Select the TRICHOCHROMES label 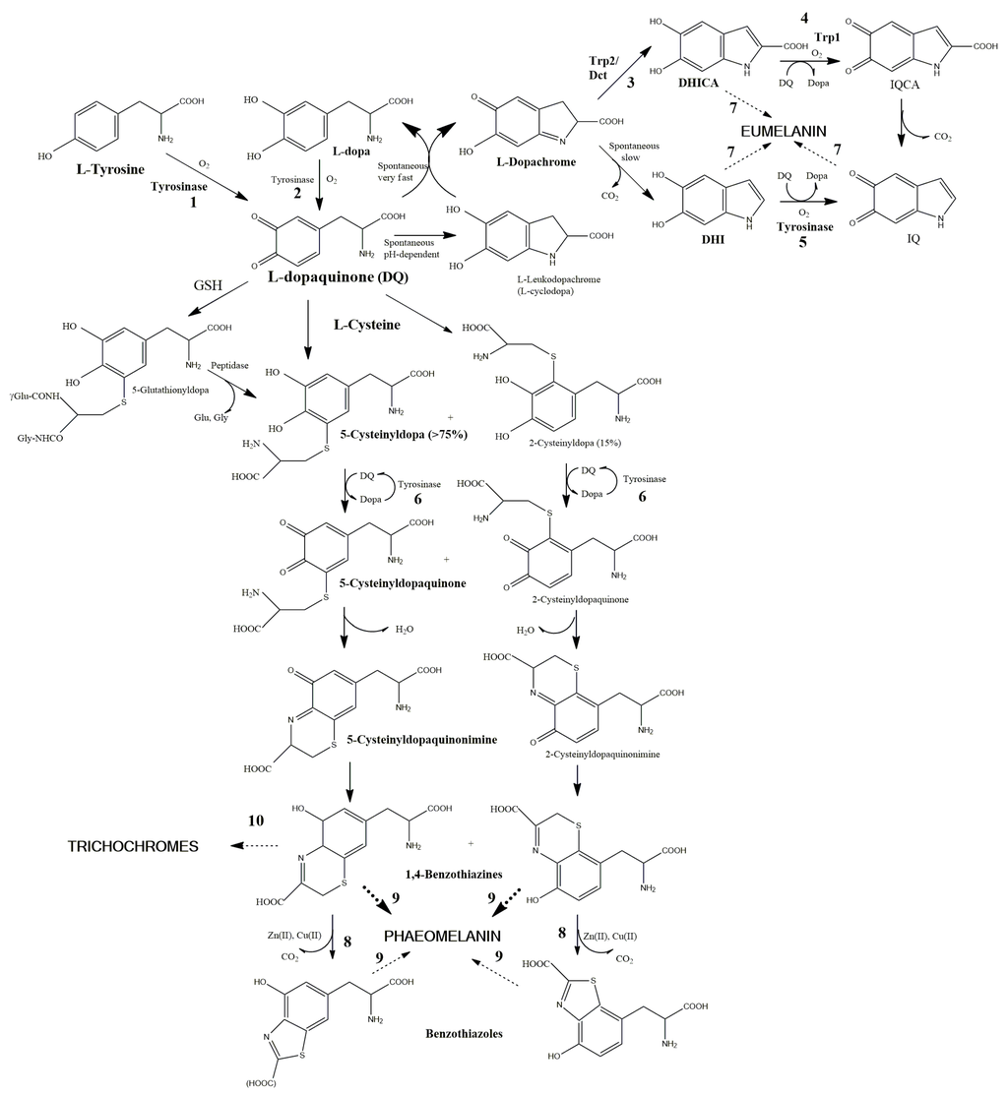tap(133, 846)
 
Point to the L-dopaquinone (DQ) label tap(338, 277)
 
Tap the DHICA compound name tap(700, 85)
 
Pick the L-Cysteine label tap(367, 324)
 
